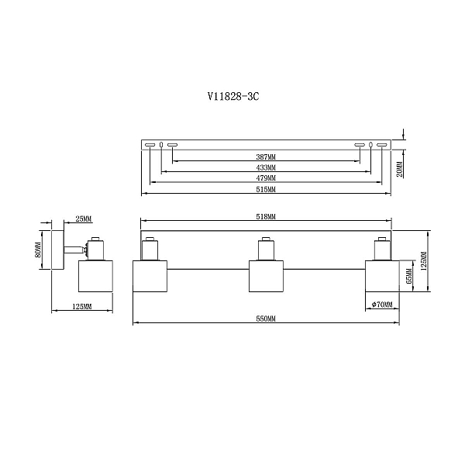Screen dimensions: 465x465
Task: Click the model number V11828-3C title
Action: (233, 96)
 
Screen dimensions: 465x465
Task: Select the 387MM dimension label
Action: (266, 157)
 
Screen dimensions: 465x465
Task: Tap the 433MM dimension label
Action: (266, 168)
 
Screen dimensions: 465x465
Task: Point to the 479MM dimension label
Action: (266, 178)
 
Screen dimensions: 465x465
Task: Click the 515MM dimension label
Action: (266, 190)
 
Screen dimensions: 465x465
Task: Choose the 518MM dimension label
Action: (266, 217)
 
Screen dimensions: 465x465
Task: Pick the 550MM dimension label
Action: (266, 319)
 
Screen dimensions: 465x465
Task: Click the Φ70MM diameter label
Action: (382, 305)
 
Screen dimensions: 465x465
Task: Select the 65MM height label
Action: (409, 276)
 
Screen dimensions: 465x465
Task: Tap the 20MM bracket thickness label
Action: (400, 169)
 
